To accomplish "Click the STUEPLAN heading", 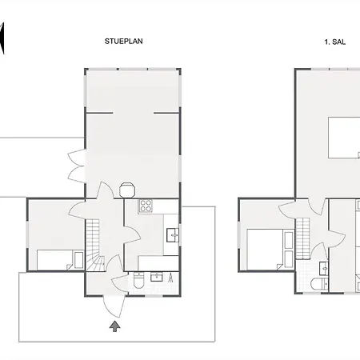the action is click(x=123, y=42).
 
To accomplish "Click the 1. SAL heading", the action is click(x=335, y=42).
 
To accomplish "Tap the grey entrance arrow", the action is click(x=114, y=326).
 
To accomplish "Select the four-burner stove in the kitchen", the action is click(x=146, y=206).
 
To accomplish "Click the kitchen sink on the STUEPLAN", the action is click(x=173, y=235).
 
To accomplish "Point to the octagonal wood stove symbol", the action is click(x=127, y=190).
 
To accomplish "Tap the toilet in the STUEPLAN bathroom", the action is click(x=138, y=280).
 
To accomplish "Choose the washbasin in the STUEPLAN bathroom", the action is click(x=157, y=277).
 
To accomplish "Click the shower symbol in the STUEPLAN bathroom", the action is click(x=170, y=278).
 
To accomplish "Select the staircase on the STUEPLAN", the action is click(x=94, y=245).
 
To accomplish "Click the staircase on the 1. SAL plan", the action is click(x=302, y=238).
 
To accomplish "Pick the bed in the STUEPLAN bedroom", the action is click(x=60, y=260).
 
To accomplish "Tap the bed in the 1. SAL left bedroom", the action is click(x=270, y=250).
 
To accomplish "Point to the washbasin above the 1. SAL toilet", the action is click(x=324, y=268).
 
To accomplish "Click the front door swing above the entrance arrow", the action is click(x=114, y=306).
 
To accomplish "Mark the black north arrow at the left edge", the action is click(x=2, y=38).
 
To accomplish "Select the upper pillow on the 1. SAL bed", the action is click(x=289, y=240).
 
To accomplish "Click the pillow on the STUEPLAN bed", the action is click(x=78, y=260).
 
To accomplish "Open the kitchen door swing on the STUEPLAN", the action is click(x=133, y=234).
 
